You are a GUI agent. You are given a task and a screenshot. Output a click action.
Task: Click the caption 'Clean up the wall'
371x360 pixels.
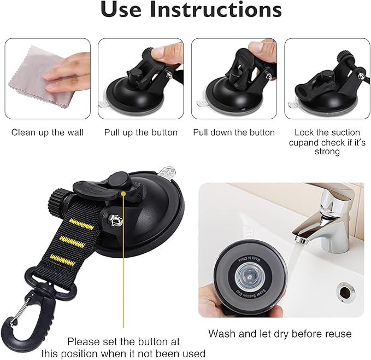click(x=48, y=132)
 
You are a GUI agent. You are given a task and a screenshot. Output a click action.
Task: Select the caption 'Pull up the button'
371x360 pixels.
click(x=141, y=132)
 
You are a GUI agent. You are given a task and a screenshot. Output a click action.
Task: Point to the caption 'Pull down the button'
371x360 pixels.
click(x=234, y=132)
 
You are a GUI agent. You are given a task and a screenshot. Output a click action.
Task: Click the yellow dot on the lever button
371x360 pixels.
click(x=124, y=193)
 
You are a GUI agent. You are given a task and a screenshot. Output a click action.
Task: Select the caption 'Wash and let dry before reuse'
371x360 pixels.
click(x=280, y=334)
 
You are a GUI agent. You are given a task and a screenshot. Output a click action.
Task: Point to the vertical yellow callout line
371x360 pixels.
click(x=124, y=263)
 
